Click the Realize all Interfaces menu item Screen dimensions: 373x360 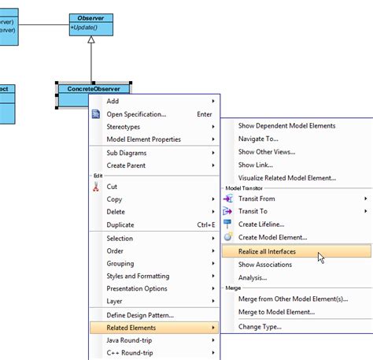[x=267, y=251]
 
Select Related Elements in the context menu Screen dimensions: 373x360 [x=131, y=328]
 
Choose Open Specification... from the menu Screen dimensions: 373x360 [x=136, y=114]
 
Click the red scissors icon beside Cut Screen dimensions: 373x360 [x=96, y=187]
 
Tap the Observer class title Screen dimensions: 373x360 [x=90, y=18]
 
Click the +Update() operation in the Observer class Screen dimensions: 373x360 [x=84, y=28]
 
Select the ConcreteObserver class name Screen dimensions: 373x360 [x=94, y=89]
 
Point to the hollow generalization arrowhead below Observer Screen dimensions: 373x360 [x=91, y=39]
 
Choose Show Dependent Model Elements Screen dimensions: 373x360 [x=286, y=126]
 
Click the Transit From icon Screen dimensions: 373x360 [x=228, y=199]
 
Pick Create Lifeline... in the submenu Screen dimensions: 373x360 [x=261, y=225]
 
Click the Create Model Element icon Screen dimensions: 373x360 [x=228, y=236]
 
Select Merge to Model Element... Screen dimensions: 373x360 [x=276, y=312]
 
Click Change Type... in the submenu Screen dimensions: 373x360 [x=260, y=327]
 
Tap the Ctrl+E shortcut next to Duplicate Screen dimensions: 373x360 [x=206, y=225]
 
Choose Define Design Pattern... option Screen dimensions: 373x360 [x=140, y=315]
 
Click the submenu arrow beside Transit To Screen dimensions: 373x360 [x=366, y=211]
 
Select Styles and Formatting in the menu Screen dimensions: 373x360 [x=138, y=276]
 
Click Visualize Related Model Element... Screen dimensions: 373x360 [x=287, y=178]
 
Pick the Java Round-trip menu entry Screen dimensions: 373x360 [x=129, y=340]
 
